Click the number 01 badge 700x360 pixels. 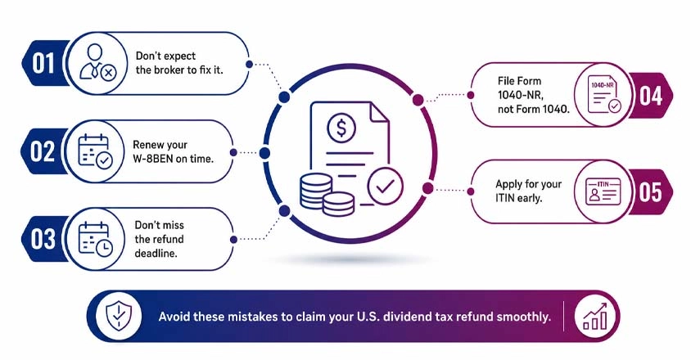pos(43,63)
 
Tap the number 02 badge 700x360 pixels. pos(43,151)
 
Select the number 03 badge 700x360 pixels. pos(43,239)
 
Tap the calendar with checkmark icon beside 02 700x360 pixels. pos(95,151)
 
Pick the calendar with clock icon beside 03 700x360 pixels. pos(95,239)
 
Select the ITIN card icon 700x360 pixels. pos(603,191)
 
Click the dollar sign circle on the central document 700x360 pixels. pos(341,128)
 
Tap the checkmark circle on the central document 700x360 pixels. pos(386,187)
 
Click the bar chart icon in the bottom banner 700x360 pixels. pos(595,317)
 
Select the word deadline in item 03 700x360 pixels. pos(156,253)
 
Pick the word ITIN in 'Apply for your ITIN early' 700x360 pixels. pos(505,198)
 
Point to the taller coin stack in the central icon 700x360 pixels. pos(316,191)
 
